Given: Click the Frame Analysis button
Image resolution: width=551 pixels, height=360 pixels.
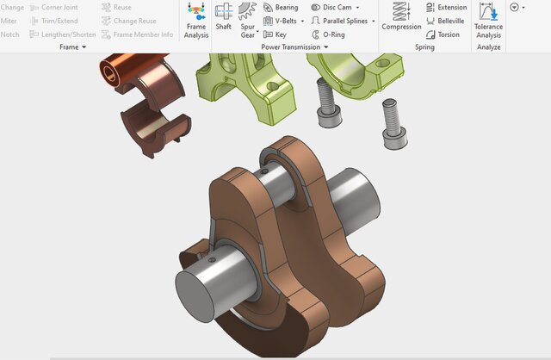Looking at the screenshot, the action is pos(196,20).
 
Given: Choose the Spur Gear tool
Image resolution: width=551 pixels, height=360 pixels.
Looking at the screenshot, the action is pos(248,20).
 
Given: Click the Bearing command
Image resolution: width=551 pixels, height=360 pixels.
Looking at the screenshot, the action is pos(281,8).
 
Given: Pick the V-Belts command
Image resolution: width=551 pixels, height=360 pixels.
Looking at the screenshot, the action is pos(283,21).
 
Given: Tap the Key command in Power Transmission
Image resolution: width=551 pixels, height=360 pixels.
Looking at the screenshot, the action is pos(275,34).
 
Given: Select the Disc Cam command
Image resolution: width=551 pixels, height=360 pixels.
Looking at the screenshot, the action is pos(335,8).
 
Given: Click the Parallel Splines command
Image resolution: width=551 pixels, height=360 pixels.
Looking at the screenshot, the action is pos(343,21).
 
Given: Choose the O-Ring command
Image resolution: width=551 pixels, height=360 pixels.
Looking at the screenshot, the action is pos(328,34).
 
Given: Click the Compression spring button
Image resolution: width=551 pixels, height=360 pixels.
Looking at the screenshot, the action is pos(401,16).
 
